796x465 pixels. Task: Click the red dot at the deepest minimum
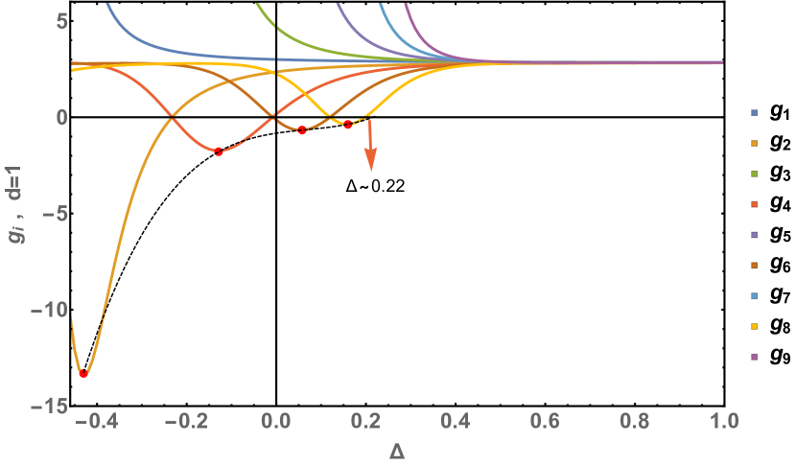83,373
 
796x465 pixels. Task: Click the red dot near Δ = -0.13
219,151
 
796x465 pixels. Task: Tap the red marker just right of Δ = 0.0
302,129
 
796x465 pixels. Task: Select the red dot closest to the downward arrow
348,124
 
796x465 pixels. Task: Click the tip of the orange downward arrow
371,171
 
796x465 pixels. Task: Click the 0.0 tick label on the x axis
275,422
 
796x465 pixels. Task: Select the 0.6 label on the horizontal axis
545,422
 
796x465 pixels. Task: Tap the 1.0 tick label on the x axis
724,422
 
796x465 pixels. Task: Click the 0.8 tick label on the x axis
634,422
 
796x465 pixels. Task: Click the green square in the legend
755,174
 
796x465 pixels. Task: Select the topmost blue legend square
755,112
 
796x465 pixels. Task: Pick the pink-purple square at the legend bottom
755,357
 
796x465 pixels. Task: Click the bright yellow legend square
755,326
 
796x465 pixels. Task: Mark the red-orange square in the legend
755,204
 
